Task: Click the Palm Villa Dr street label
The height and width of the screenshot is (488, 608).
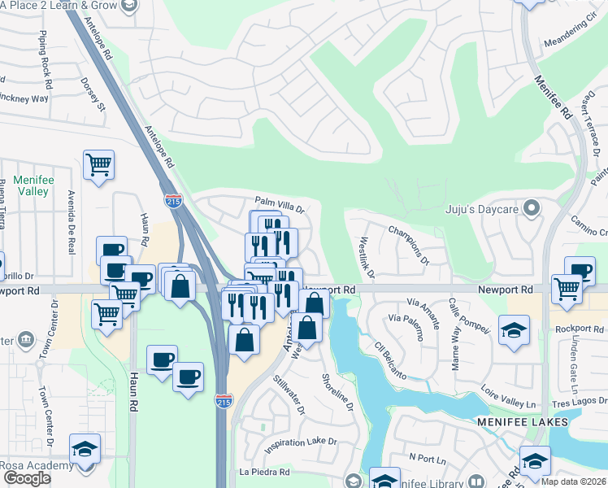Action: (279, 203)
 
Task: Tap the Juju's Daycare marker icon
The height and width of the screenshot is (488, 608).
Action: (532, 209)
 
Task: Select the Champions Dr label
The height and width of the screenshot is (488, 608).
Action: (408, 245)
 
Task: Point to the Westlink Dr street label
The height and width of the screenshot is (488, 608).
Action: (364, 256)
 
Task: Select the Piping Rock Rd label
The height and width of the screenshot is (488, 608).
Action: (45, 60)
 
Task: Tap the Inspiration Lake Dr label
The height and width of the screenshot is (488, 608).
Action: (299, 441)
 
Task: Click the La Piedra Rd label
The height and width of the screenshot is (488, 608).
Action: (264, 472)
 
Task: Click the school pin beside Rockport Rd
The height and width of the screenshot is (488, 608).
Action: (513, 329)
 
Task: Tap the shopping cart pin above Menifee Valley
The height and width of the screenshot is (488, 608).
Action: (98, 165)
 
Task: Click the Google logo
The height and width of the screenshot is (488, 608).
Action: (27, 478)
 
